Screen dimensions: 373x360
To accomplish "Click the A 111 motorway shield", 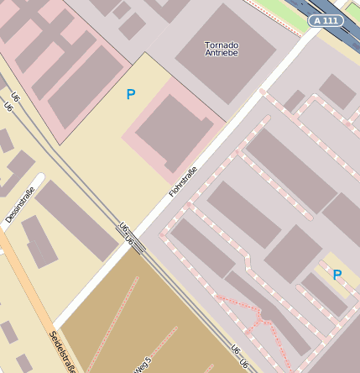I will point(326,20).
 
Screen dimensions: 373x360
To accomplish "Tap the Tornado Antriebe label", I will point(222,49).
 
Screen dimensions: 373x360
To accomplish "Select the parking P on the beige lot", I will point(130,95).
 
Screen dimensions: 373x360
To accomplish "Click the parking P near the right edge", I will point(337,275).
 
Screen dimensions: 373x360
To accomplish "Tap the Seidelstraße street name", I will point(63,351).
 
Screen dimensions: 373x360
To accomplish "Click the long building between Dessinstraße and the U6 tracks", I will point(76,219).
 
